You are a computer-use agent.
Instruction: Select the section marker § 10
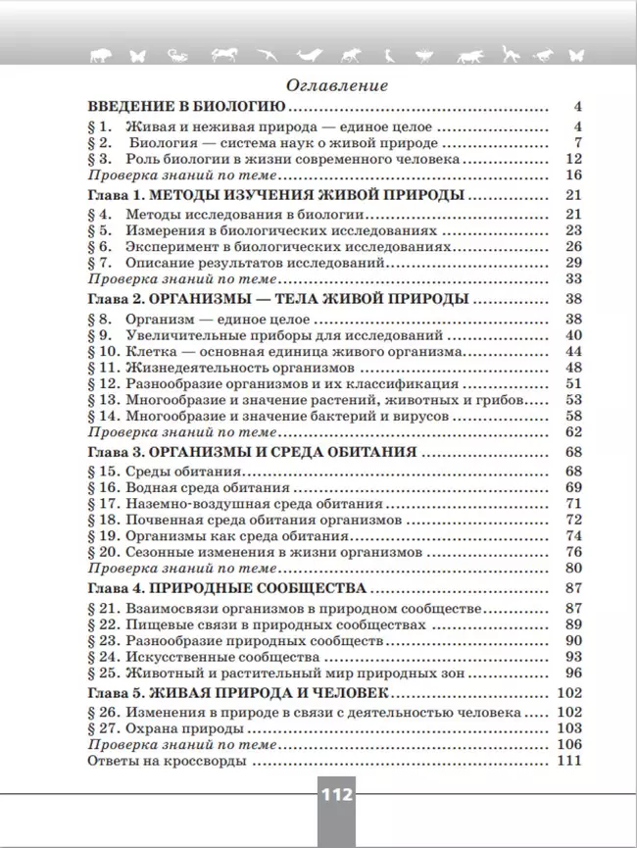(103, 351)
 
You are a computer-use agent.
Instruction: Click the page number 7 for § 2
(578, 143)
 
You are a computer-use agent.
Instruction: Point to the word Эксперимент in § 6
(168, 246)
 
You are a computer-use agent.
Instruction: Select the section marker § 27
(103, 728)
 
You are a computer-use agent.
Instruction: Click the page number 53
(574, 399)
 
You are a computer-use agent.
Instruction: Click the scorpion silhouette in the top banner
(177, 55)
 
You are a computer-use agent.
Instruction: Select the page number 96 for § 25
(574, 672)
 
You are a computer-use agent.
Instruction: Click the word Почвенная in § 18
(158, 519)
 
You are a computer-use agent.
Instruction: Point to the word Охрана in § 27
(148, 728)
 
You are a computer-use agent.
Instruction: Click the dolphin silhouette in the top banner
(309, 55)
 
